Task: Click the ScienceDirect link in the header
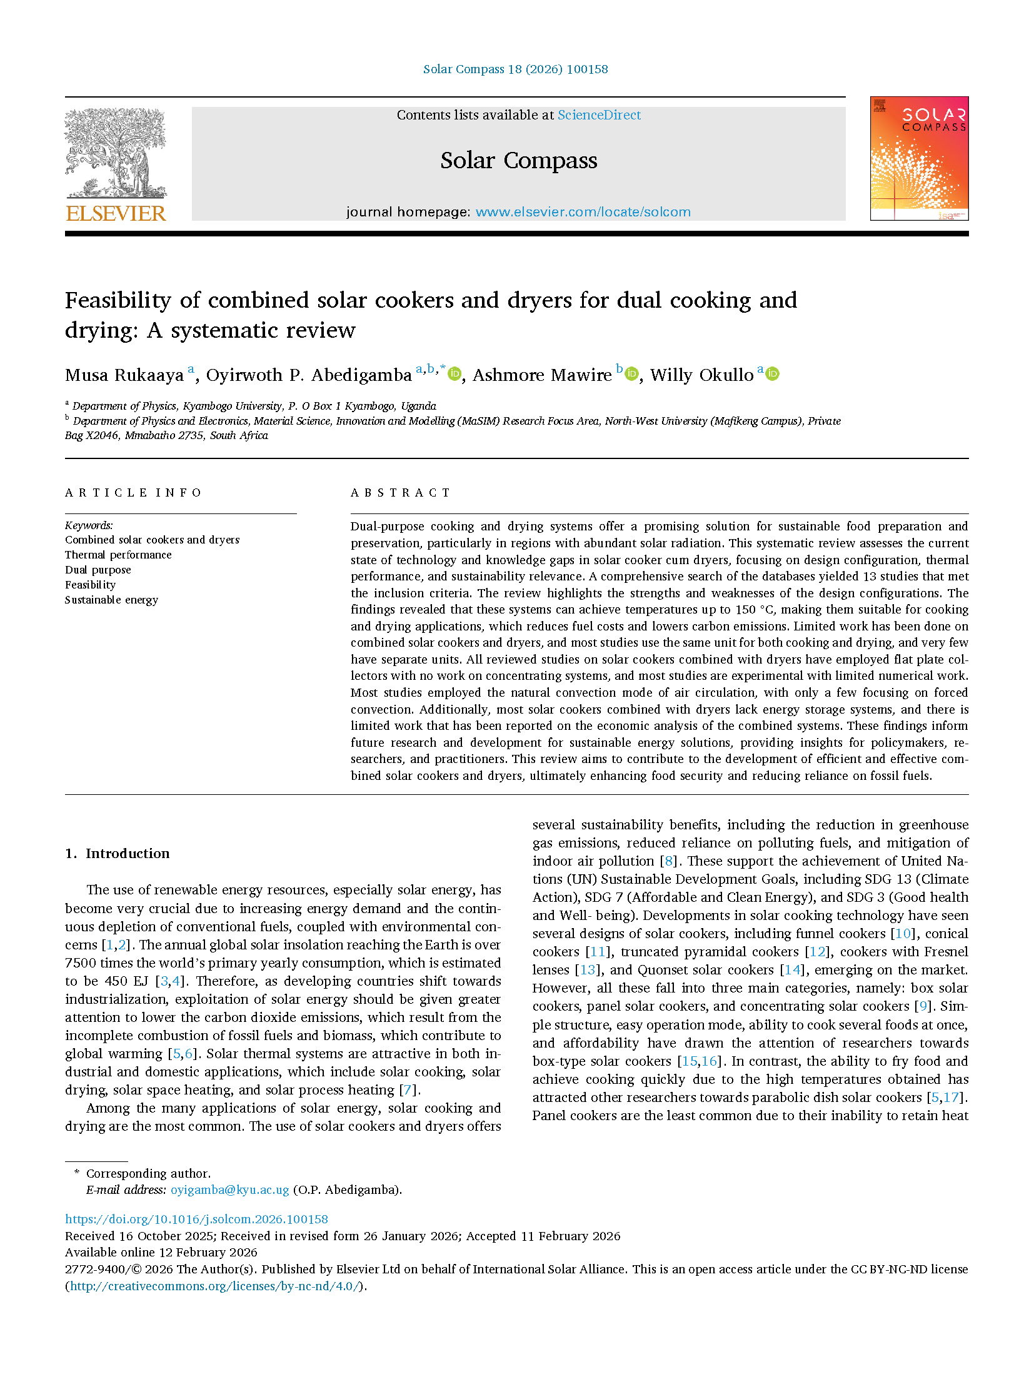598,115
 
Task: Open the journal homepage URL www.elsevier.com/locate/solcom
583,212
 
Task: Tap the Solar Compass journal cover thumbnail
918,158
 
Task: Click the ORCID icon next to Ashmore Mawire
632,374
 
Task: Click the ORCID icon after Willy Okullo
773,374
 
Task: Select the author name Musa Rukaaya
124,375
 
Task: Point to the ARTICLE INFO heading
133,493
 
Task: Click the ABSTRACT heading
400,493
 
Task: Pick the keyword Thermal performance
118,555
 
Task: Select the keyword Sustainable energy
112,600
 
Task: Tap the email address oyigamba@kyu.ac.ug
229,1190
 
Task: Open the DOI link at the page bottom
196,1219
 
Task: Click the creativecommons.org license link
215,1286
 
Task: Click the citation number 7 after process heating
408,1089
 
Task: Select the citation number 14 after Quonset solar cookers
792,970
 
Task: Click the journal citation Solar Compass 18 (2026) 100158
515,69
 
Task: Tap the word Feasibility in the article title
118,300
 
